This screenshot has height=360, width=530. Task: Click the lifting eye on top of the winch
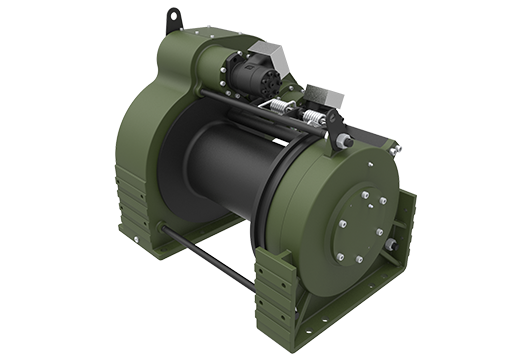pyautogui.click(x=174, y=19)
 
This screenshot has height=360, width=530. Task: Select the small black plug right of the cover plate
pyautogui.click(x=391, y=244)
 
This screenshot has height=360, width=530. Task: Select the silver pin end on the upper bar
pyautogui.click(x=346, y=142)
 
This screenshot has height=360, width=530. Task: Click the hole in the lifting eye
pyautogui.click(x=174, y=16)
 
